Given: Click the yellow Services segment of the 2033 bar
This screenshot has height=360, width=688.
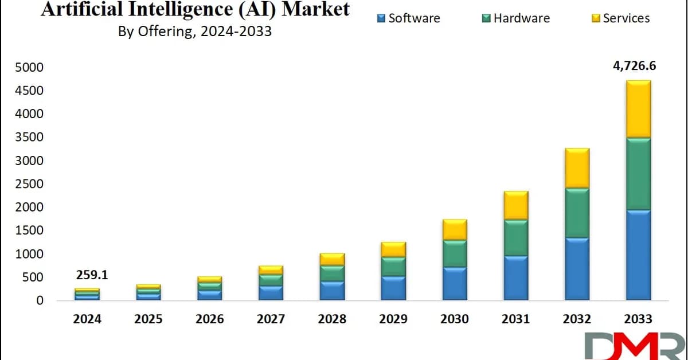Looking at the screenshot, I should (x=638, y=109).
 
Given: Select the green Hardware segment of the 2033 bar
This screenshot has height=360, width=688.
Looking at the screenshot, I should (x=638, y=174).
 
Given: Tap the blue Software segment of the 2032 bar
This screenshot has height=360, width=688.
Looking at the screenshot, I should (x=577, y=268).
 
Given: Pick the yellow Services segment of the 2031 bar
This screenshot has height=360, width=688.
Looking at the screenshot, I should (x=515, y=205).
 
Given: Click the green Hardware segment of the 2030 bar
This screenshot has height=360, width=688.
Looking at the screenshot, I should (x=455, y=253).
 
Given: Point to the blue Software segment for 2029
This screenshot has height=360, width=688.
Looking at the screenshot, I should (x=393, y=288).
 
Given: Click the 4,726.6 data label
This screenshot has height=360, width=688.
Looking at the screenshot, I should (x=634, y=65).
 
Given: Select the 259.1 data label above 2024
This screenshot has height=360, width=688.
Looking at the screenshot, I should (x=92, y=275).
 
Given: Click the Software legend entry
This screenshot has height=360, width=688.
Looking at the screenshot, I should (x=409, y=18).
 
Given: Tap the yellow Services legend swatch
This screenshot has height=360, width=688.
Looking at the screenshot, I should (x=596, y=19).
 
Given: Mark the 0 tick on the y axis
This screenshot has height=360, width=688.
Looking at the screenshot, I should (x=40, y=300).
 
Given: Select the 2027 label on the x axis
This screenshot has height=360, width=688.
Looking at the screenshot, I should (x=271, y=319).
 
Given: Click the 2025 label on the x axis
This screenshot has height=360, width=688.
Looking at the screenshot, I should (x=148, y=319).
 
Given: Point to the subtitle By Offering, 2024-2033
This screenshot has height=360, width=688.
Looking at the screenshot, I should (x=195, y=32).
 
